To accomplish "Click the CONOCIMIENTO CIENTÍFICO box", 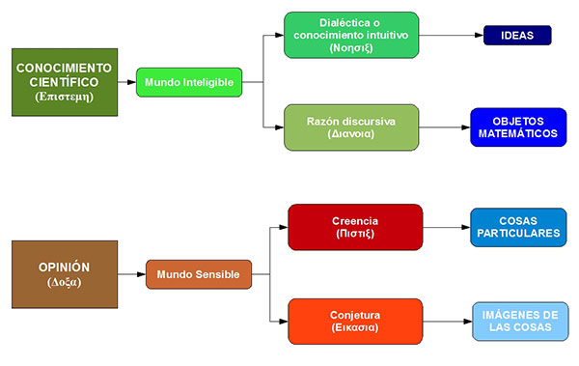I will [64, 82].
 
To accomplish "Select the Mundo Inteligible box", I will [188, 82].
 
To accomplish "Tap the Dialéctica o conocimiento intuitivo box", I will [351, 35].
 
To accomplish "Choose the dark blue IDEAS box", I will [516, 36].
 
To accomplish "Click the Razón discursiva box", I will [351, 127].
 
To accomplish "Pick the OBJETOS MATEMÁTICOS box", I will [518, 127].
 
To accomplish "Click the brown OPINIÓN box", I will [64, 274].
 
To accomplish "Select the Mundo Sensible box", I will [198, 274].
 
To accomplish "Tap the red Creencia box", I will [355, 227].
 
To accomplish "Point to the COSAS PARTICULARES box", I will [518, 227].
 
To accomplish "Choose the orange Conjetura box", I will [355, 322].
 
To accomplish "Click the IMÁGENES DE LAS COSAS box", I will [518, 322].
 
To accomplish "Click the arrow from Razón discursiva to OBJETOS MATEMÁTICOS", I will [445, 127].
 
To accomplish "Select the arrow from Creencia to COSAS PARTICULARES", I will [446, 227].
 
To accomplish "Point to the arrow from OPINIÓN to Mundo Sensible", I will [131, 274].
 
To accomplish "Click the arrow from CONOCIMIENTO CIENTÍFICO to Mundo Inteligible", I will [126, 82].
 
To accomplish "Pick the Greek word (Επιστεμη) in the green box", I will [64, 97].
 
